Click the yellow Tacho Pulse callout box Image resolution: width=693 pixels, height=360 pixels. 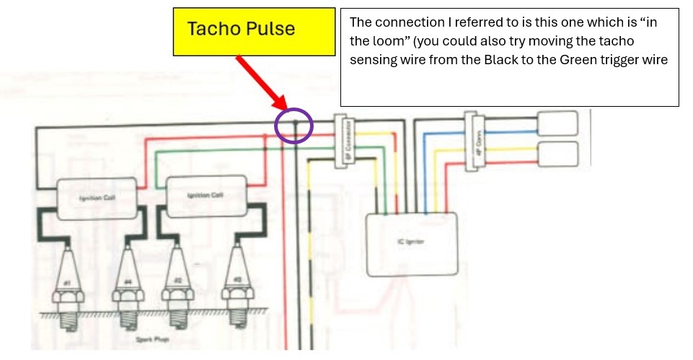click(x=254, y=31)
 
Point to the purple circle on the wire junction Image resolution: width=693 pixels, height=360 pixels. click(x=294, y=126)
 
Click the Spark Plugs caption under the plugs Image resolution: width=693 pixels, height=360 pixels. click(x=149, y=338)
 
